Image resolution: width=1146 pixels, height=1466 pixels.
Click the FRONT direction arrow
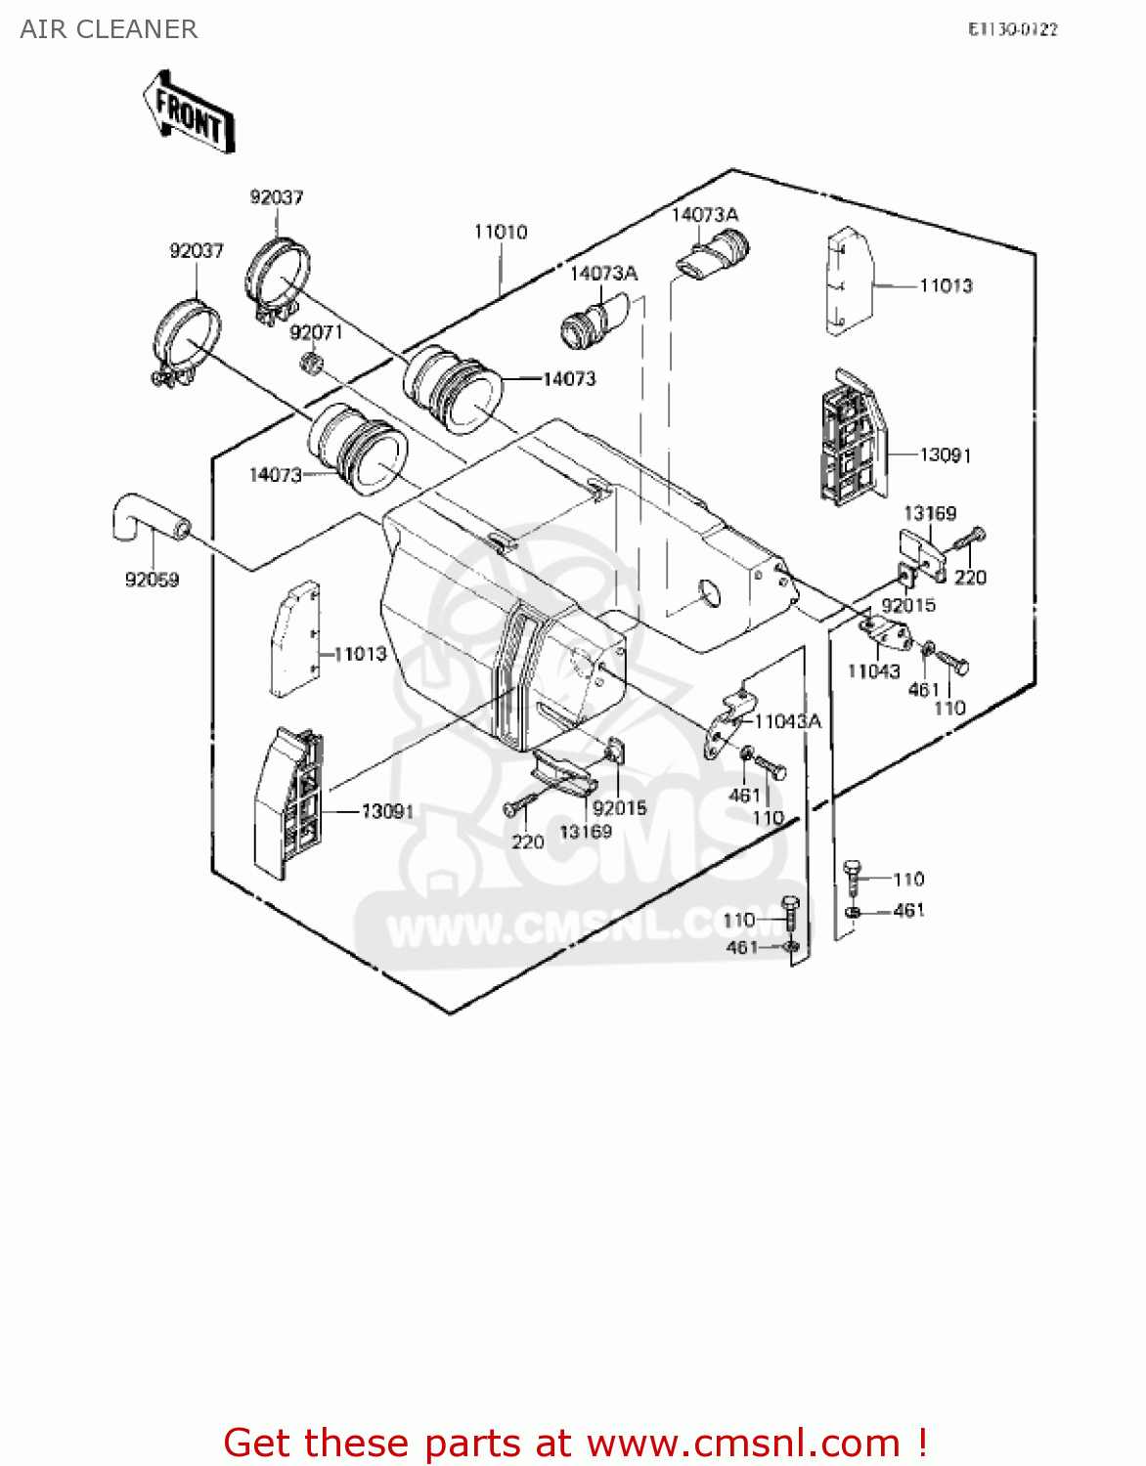(x=189, y=112)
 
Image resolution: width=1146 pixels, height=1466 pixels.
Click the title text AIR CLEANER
(x=109, y=29)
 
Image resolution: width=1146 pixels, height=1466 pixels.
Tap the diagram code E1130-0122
(x=1012, y=29)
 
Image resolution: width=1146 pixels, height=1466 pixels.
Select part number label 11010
(x=501, y=232)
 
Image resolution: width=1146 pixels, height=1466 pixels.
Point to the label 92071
(x=316, y=332)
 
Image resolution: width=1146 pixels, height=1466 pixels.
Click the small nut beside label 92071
(x=312, y=365)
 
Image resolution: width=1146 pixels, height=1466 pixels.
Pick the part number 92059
(x=152, y=580)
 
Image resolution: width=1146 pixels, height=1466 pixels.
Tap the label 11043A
(x=788, y=721)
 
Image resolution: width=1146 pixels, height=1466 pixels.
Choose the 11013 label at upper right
(x=946, y=285)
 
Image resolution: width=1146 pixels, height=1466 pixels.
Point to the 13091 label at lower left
(x=387, y=811)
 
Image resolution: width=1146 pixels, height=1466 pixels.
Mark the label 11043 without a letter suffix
(x=873, y=671)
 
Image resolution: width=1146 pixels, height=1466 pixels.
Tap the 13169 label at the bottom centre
(x=586, y=832)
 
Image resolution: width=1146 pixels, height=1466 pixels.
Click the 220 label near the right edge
(x=970, y=578)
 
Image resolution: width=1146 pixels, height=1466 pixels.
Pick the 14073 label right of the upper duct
(x=569, y=378)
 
